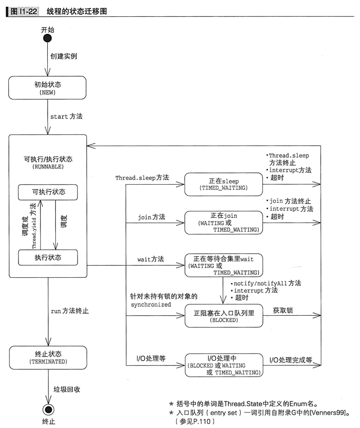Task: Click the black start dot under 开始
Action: (x=48, y=39)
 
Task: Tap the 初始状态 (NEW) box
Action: (x=48, y=88)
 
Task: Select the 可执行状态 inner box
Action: (x=48, y=192)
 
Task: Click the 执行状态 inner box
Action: (x=48, y=257)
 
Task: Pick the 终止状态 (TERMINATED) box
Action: (x=48, y=357)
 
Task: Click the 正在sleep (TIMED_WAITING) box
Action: (x=224, y=185)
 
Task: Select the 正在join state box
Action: (x=224, y=222)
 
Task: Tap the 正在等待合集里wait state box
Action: (x=224, y=265)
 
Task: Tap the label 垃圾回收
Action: (x=67, y=389)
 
